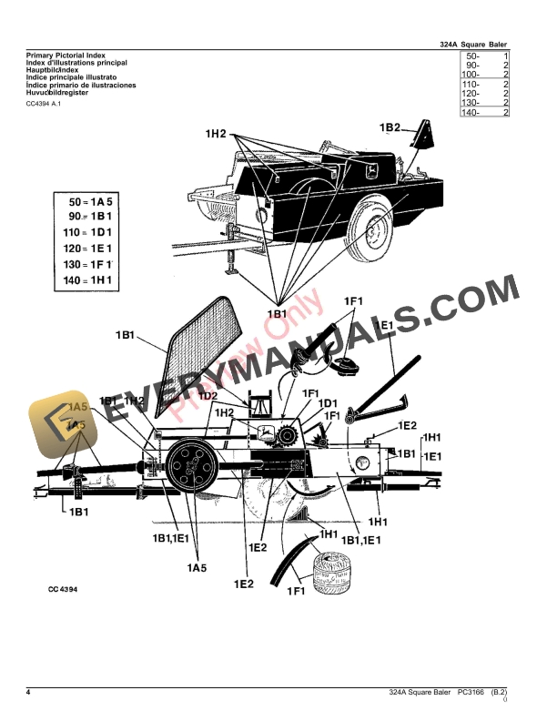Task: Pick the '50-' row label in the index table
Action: (471, 56)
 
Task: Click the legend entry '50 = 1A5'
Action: (89, 198)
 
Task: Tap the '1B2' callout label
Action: (390, 128)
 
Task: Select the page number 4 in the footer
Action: (29, 694)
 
